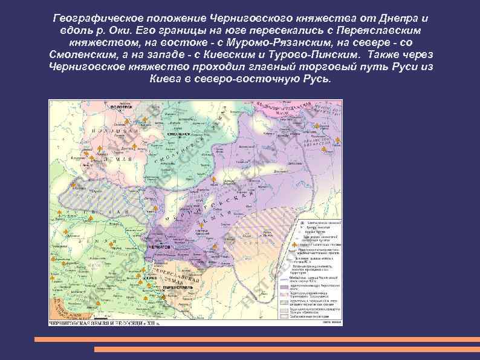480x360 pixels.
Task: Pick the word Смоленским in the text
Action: pyautogui.click(x=88, y=54)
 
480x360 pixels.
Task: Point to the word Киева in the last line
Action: pyautogui.click(x=164, y=78)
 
